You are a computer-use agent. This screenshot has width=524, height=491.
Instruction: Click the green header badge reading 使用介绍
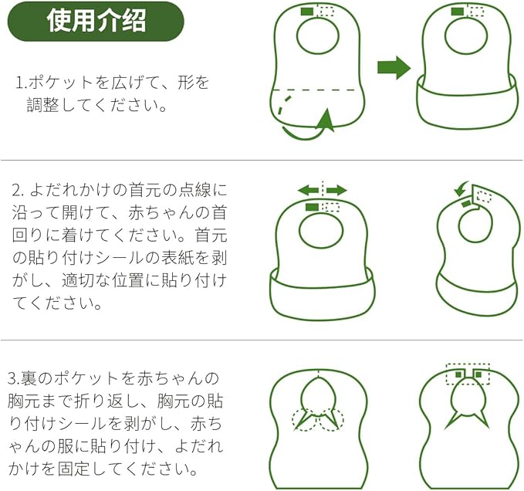coord(96,21)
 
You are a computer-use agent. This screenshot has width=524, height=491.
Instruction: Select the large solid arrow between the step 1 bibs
coord(394,67)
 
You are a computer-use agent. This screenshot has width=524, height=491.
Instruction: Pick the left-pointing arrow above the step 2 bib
coord(309,190)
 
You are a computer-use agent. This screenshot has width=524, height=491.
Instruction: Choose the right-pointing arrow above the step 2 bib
coord(336,190)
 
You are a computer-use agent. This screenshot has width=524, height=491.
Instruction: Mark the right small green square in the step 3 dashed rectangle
coord(478,375)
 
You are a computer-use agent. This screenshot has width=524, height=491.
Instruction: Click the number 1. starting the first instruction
coord(21,82)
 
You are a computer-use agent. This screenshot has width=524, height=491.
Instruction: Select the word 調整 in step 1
coord(46,105)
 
